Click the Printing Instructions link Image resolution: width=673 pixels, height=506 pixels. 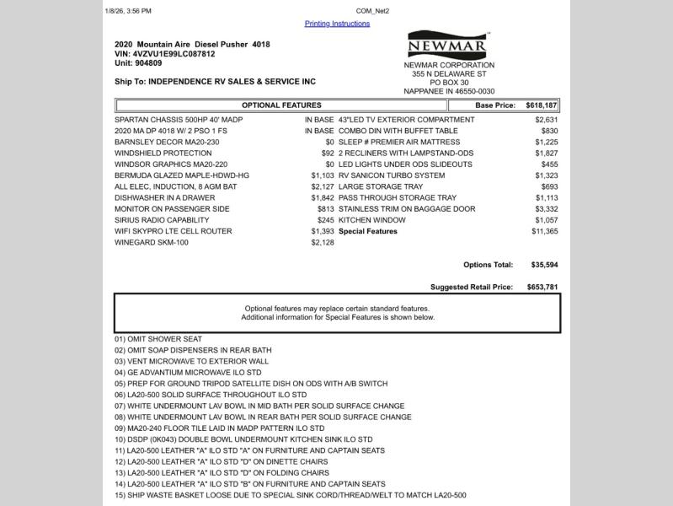pos(337,24)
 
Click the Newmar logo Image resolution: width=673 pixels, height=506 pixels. pos(435,45)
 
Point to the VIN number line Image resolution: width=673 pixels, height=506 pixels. pos(164,53)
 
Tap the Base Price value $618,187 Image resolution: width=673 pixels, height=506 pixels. pos(542,105)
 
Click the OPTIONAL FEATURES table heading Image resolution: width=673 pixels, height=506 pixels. pos(281,105)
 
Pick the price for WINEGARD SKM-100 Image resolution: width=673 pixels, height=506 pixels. pos(323,243)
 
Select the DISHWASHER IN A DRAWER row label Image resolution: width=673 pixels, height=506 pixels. pos(159,197)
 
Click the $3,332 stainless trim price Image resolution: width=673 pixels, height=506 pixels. pos(547,209)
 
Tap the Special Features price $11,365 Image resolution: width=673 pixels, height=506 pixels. pos(545,231)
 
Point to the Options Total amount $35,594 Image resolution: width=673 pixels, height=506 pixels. pos(545,265)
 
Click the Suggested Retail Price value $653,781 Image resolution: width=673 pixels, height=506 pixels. pos(542,288)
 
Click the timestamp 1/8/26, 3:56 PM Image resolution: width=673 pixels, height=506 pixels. pos(129,11)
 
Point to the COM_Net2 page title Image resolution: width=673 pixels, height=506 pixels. pos(372,11)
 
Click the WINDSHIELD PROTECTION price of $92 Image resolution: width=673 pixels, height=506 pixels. pos(328,153)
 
